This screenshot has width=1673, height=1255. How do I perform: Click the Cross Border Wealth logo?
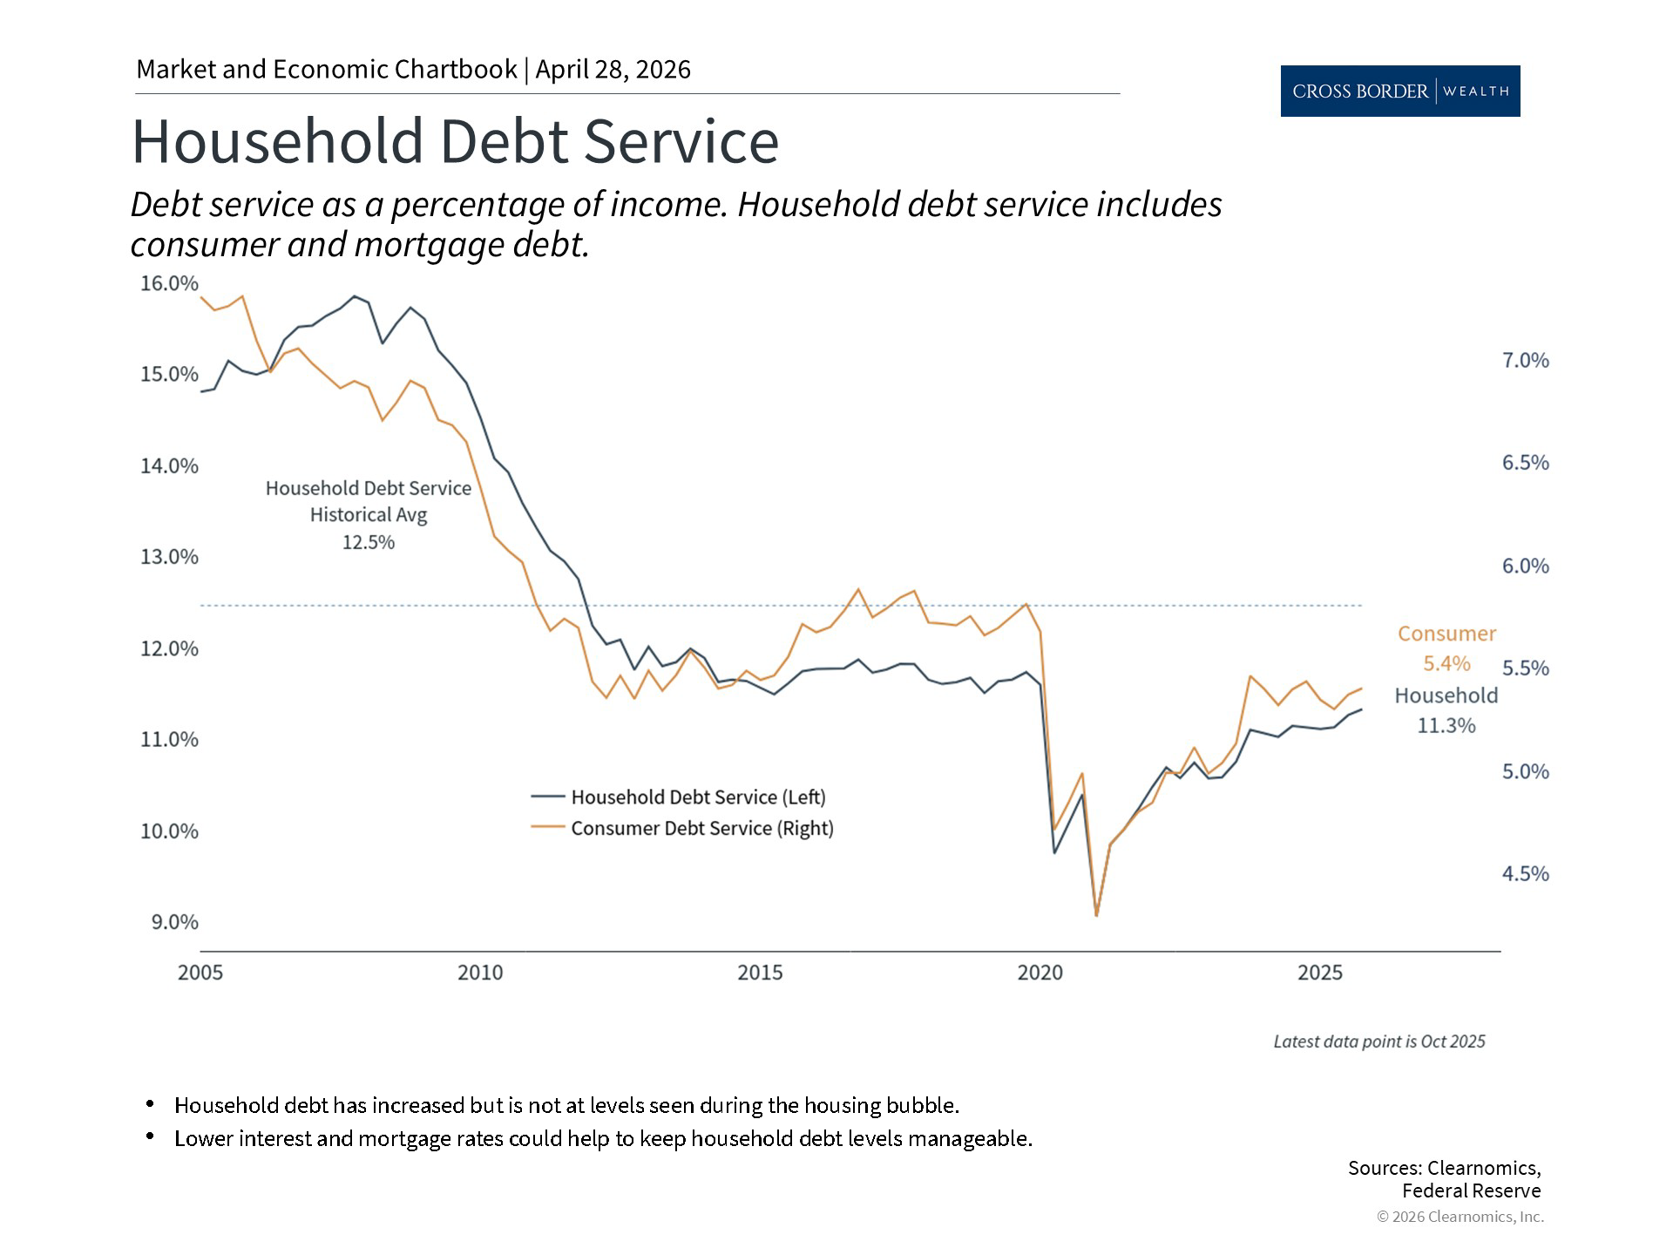(x=1399, y=91)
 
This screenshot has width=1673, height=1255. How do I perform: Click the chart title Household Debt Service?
(x=455, y=141)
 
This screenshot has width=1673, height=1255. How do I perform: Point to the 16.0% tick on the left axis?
(x=169, y=283)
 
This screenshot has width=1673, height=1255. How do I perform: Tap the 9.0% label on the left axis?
(x=174, y=922)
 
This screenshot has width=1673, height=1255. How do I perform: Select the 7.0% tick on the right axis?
(x=1525, y=360)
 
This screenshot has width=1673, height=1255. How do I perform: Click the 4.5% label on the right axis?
(x=1525, y=873)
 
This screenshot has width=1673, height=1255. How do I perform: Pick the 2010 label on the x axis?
(x=480, y=973)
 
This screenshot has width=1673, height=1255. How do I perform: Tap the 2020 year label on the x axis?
(x=1040, y=973)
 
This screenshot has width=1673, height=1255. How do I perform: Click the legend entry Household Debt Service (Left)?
(x=697, y=797)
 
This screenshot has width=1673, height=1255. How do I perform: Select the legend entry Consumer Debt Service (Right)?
(x=701, y=828)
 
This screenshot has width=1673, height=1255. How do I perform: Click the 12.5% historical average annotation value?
(x=368, y=542)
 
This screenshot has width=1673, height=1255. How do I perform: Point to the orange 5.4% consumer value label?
(x=1446, y=663)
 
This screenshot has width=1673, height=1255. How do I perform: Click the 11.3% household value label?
(x=1446, y=725)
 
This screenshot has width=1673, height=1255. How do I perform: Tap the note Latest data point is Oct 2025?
(x=1378, y=1041)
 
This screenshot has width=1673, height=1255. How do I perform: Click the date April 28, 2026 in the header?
(x=613, y=70)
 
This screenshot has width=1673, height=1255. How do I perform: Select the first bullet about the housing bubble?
(x=566, y=1105)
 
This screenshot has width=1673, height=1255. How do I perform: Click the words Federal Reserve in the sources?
(x=1471, y=1191)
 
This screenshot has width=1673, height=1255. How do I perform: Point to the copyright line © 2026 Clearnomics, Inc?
(x=1460, y=1217)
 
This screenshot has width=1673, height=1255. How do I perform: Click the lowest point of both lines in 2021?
(x=1096, y=914)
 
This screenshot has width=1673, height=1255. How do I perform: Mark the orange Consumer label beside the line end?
(x=1446, y=634)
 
